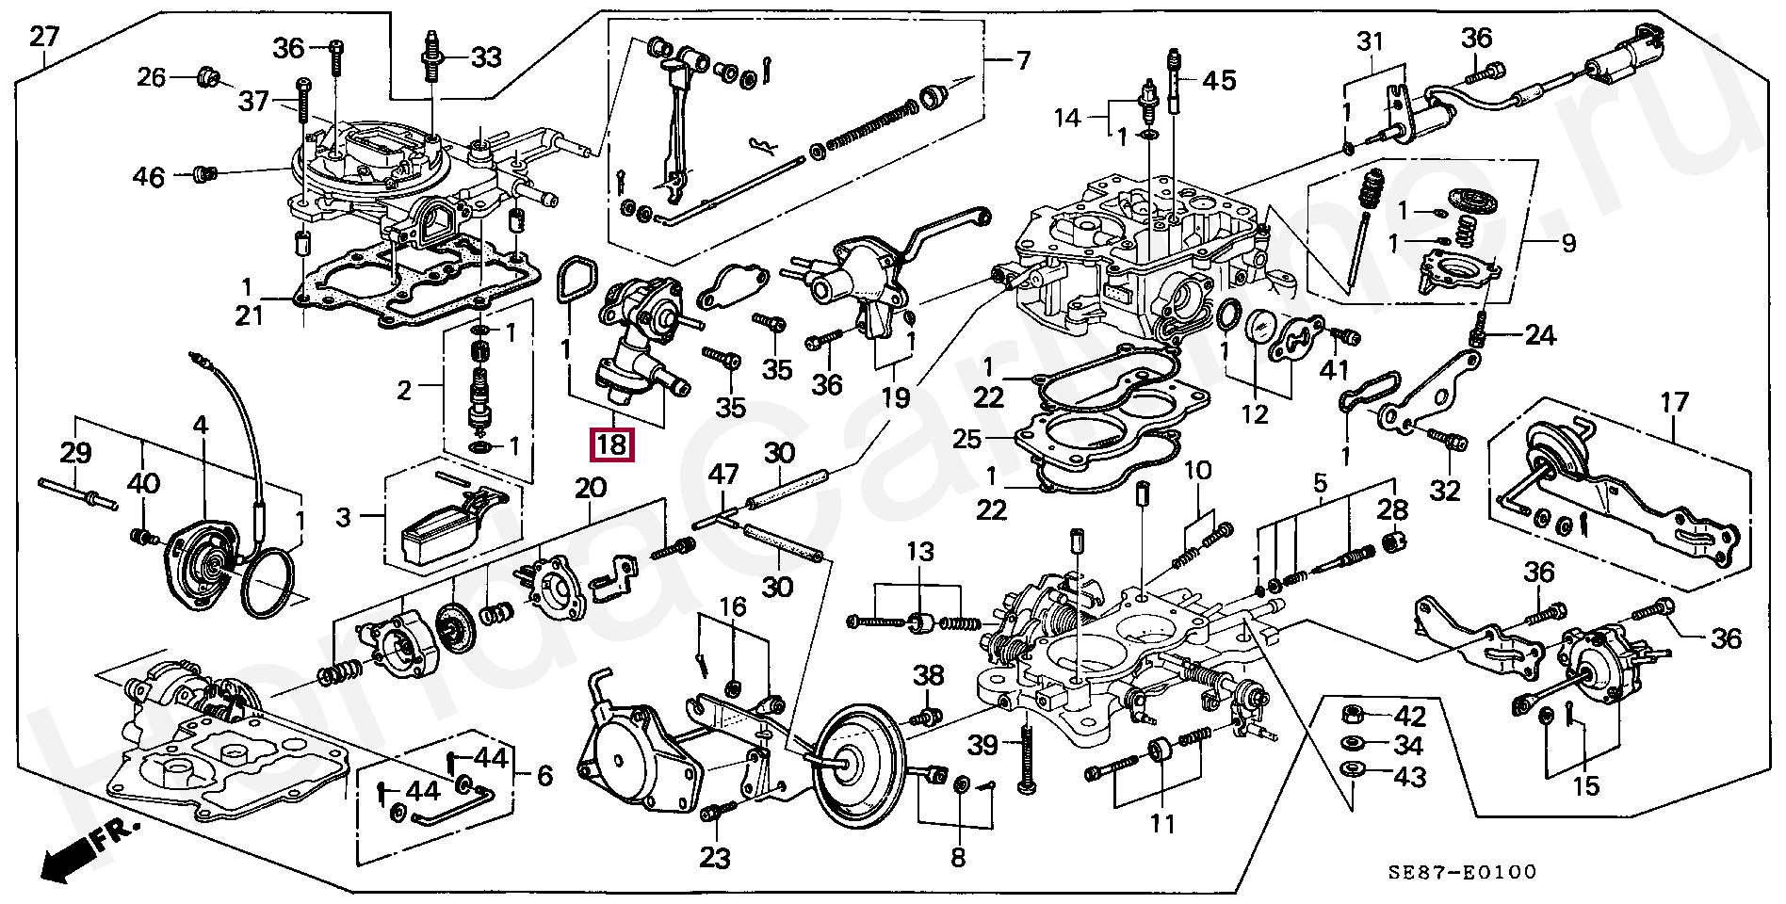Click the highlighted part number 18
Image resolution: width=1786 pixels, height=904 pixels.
point(611,444)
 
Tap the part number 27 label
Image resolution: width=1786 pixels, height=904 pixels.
point(43,38)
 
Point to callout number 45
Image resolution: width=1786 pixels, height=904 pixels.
point(1220,81)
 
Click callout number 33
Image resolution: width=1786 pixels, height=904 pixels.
point(487,57)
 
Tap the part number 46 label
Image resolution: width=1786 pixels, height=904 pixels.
point(149,177)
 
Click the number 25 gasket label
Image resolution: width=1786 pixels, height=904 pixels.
point(992,439)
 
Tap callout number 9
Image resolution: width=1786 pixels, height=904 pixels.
point(1568,244)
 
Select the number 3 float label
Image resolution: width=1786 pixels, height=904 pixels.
point(344,516)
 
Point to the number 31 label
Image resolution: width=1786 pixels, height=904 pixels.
point(1371,41)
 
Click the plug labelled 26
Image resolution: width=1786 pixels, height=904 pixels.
point(207,77)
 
